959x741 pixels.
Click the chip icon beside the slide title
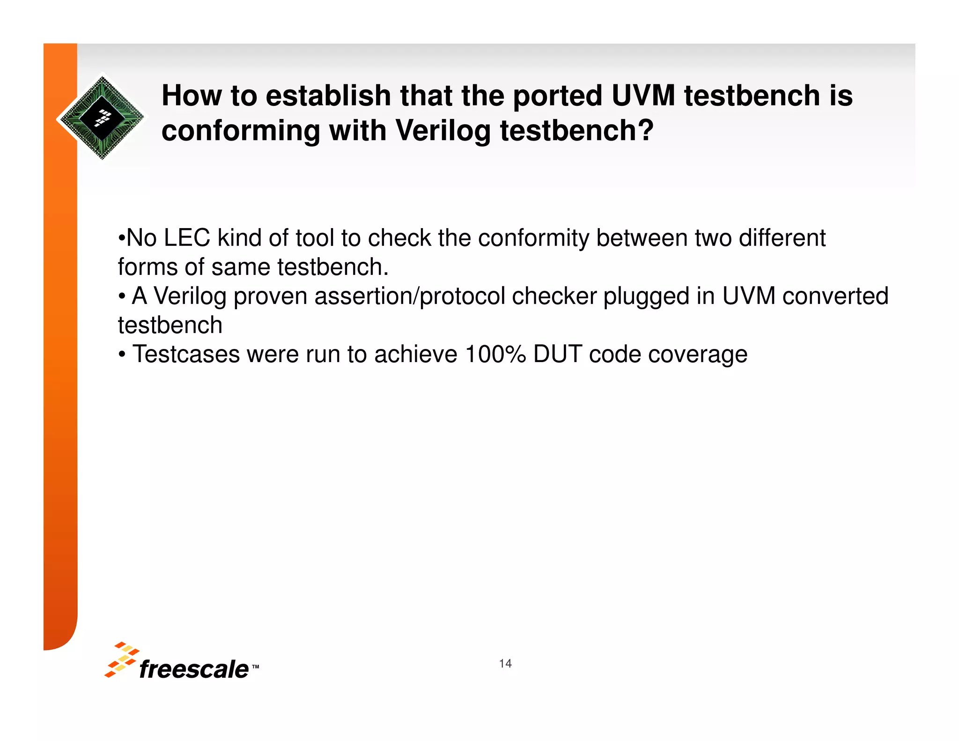102,117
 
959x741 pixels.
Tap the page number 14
505,663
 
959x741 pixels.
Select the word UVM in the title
643,96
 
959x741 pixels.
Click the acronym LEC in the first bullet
186,238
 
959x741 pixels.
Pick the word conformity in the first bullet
533,238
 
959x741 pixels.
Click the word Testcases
186,354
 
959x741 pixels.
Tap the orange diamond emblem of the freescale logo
121,659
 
